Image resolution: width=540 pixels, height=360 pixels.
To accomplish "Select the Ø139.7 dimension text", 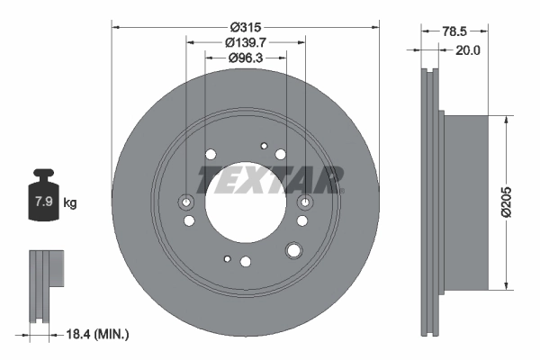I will tap(246, 41).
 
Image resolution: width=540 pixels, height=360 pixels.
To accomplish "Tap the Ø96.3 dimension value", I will tap(246, 58).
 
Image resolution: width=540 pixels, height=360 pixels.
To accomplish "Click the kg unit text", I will tap(69, 203).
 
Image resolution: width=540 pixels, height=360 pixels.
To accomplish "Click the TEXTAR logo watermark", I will tap(270, 179).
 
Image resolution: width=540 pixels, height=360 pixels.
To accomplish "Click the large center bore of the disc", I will tap(245, 200).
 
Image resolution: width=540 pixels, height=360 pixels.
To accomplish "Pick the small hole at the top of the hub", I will tap(264, 144).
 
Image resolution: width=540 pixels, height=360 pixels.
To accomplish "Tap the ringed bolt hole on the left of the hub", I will tap(187, 202).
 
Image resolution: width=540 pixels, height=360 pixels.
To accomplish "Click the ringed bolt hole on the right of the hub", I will tap(303, 202).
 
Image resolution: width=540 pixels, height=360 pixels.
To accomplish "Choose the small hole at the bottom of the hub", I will tap(228, 258).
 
